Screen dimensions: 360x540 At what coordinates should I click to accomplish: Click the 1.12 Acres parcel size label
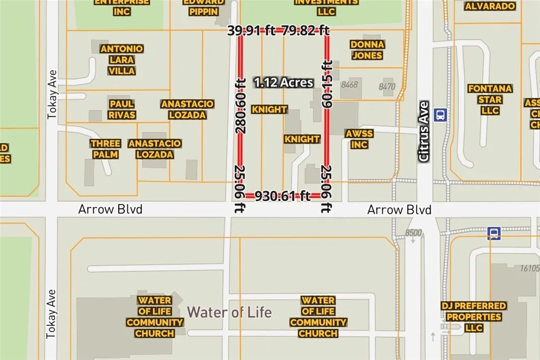coord(284,83)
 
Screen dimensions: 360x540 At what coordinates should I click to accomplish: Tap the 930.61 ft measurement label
coord(282,196)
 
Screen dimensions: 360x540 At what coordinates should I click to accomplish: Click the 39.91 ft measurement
coord(252,31)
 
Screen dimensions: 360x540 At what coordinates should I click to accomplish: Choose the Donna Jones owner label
coord(367,50)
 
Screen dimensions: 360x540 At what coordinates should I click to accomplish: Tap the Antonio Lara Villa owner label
coord(122,60)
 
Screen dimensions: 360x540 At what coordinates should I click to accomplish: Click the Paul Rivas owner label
coord(122,109)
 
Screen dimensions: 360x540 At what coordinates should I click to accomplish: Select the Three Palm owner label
coord(105,149)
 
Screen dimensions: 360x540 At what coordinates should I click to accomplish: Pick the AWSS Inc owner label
coord(359,139)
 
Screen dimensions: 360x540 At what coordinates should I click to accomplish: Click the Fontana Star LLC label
coord(490,99)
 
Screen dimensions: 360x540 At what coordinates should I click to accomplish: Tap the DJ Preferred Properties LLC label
coord(474,317)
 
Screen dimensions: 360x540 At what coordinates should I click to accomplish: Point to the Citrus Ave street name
coord(424,131)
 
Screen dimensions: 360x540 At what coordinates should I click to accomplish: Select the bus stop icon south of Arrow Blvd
coord(493,233)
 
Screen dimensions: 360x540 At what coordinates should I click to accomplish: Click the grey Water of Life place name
coord(229,312)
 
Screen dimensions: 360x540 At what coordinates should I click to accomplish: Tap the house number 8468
coord(349,85)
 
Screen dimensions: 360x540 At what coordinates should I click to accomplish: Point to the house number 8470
coord(386,87)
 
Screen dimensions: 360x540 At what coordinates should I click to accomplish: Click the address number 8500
coord(413,232)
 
